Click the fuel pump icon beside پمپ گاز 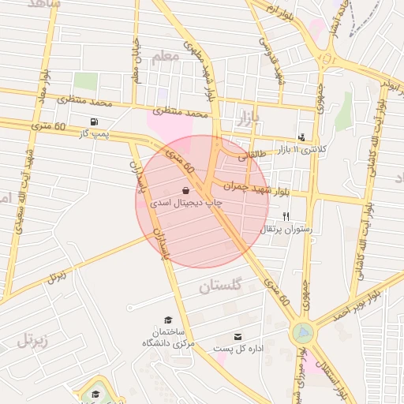pos(95,122)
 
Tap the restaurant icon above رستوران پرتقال pos(286,216)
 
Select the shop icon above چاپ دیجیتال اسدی pos(185,190)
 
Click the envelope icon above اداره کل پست pos(238,336)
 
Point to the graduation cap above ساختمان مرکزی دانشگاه pos(167,320)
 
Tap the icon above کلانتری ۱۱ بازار pos(301,137)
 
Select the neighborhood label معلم pos(164,57)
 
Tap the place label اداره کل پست pos(238,348)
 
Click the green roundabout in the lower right pos(301,333)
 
